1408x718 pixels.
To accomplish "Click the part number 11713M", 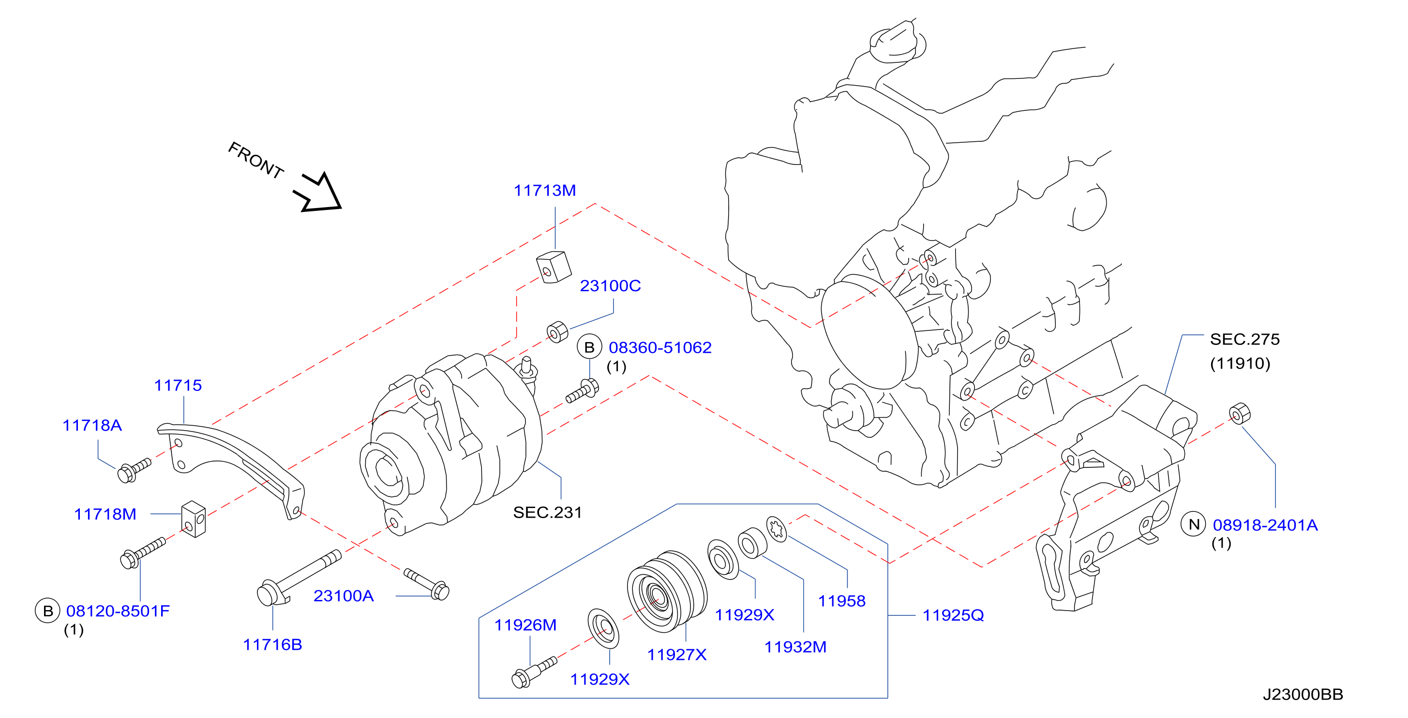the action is pos(544,190).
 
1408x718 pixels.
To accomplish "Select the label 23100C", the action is pos(610,286).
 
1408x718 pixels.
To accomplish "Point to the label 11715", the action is pos(178,385).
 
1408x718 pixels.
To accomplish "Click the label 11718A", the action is pos(92,425).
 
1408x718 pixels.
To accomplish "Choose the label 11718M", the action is pos(105,514).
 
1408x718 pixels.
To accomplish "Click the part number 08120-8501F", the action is pos(118,611).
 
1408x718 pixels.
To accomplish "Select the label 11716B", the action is pos(272,645).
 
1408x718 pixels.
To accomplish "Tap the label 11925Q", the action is pos(953,615).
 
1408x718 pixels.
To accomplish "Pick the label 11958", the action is pos(841,601).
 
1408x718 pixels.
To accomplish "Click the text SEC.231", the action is pos(547,512).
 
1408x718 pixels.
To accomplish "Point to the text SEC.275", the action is pos(1244,339).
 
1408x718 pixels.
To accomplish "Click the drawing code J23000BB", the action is pos(1303,694).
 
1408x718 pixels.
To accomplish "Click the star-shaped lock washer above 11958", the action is pos(777,529).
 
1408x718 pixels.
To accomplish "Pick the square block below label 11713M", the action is pos(554,267).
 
